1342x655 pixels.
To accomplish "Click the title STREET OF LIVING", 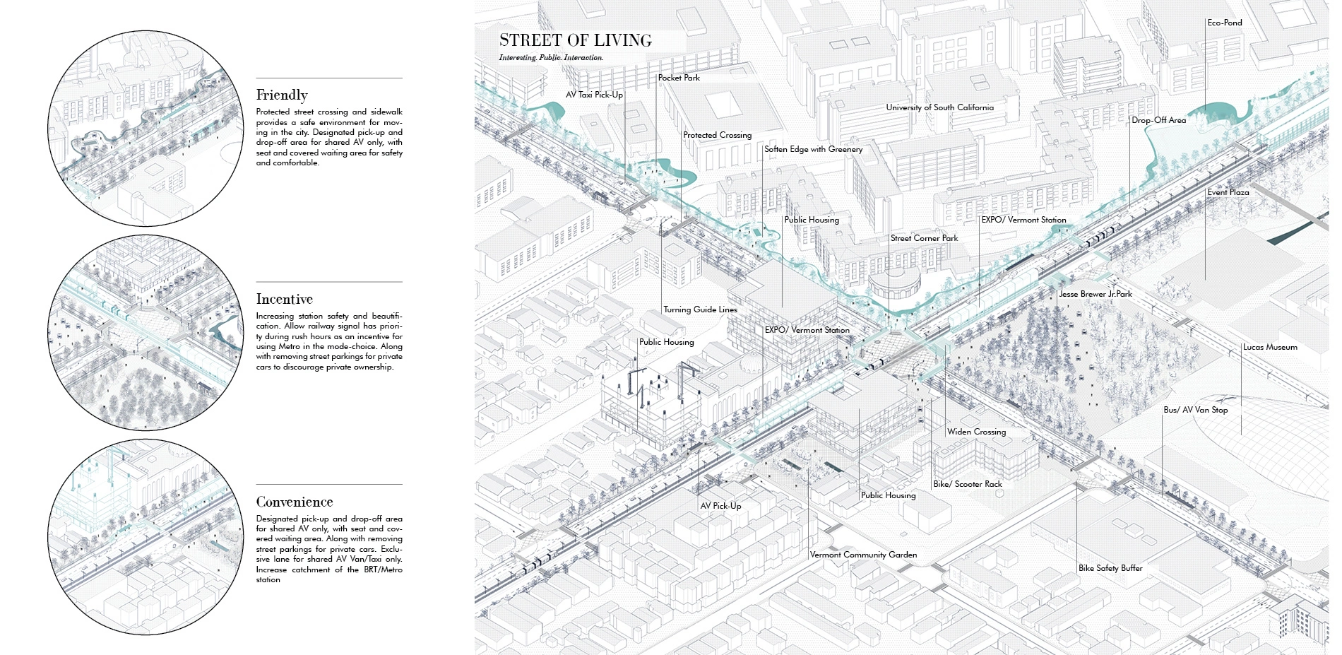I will point(575,40).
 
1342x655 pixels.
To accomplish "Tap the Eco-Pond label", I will point(1224,23).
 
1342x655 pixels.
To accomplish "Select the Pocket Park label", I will point(679,78).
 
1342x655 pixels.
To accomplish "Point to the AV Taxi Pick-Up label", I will point(594,95).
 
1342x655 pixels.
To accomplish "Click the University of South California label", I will point(939,107).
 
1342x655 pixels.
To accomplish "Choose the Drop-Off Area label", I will point(1158,120).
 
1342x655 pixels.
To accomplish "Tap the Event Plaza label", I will point(1228,192).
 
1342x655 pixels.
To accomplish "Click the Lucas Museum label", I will point(1270,347).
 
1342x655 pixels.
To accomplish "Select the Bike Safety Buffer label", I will point(1110,568).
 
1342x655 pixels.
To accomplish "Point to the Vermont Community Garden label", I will point(863,555).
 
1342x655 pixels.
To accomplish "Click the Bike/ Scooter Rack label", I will point(967,484).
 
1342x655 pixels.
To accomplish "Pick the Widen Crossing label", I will point(976,432).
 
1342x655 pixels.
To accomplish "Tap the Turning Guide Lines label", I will point(700,309).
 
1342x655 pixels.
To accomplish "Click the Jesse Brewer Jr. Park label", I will point(1095,294).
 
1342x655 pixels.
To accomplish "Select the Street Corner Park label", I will point(924,238).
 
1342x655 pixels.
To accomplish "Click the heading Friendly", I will point(282,95).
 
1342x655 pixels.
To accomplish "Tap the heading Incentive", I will point(284,299).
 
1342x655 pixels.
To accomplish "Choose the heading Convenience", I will point(295,502).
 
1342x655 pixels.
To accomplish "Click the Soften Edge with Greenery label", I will point(813,149).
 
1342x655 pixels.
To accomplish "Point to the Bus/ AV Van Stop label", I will point(1195,410).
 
